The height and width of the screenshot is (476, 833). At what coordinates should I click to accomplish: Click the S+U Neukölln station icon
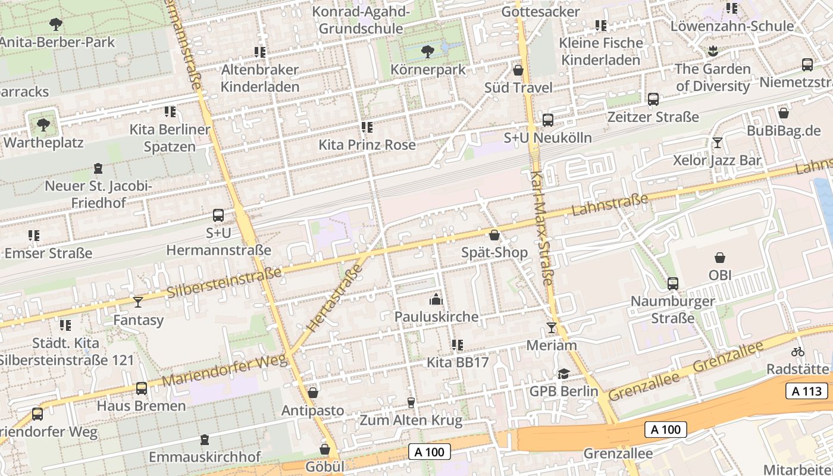click(547, 120)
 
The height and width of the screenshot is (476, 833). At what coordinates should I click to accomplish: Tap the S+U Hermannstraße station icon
click(218, 215)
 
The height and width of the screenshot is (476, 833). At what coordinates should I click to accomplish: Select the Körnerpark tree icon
click(427, 52)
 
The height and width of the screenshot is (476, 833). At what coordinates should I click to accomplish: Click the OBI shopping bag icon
click(720, 258)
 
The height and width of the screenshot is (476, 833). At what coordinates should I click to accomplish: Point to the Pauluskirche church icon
click(436, 299)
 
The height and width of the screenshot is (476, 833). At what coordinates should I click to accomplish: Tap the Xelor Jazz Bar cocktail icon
click(717, 142)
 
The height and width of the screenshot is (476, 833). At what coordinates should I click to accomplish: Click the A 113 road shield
click(807, 391)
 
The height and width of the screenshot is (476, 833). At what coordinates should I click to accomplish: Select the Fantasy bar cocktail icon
click(138, 302)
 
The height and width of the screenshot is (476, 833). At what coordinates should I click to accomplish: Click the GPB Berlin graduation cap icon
click(563, 373)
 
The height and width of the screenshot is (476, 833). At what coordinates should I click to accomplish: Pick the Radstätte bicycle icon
click(798, 351)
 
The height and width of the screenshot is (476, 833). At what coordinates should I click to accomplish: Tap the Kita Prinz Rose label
click(367, 145)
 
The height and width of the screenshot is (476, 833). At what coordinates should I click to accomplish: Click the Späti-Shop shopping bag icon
click(494, 235)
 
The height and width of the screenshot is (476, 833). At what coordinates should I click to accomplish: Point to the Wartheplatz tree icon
click(43, 125)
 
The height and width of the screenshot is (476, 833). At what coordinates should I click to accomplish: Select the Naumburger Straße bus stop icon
click(673, 284)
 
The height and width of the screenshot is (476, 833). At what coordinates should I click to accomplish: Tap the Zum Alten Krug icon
click(411, 403)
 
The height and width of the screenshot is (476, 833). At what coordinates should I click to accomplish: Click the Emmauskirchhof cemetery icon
click(205, 440)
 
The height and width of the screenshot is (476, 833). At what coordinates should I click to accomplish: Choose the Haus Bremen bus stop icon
click(141, 388)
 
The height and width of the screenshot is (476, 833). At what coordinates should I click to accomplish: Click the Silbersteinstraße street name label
click(224, 283)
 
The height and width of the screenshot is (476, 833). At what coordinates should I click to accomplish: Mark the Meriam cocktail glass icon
click(552, 327)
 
